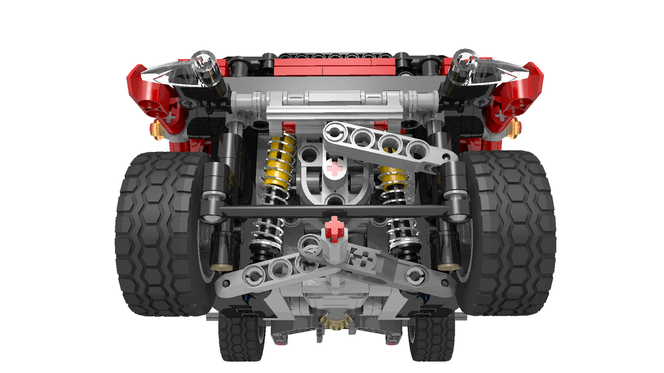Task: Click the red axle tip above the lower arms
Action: (x=336, y=229)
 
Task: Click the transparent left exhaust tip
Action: (x=203, y=66)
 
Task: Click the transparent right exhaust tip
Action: (x=465, y=66)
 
